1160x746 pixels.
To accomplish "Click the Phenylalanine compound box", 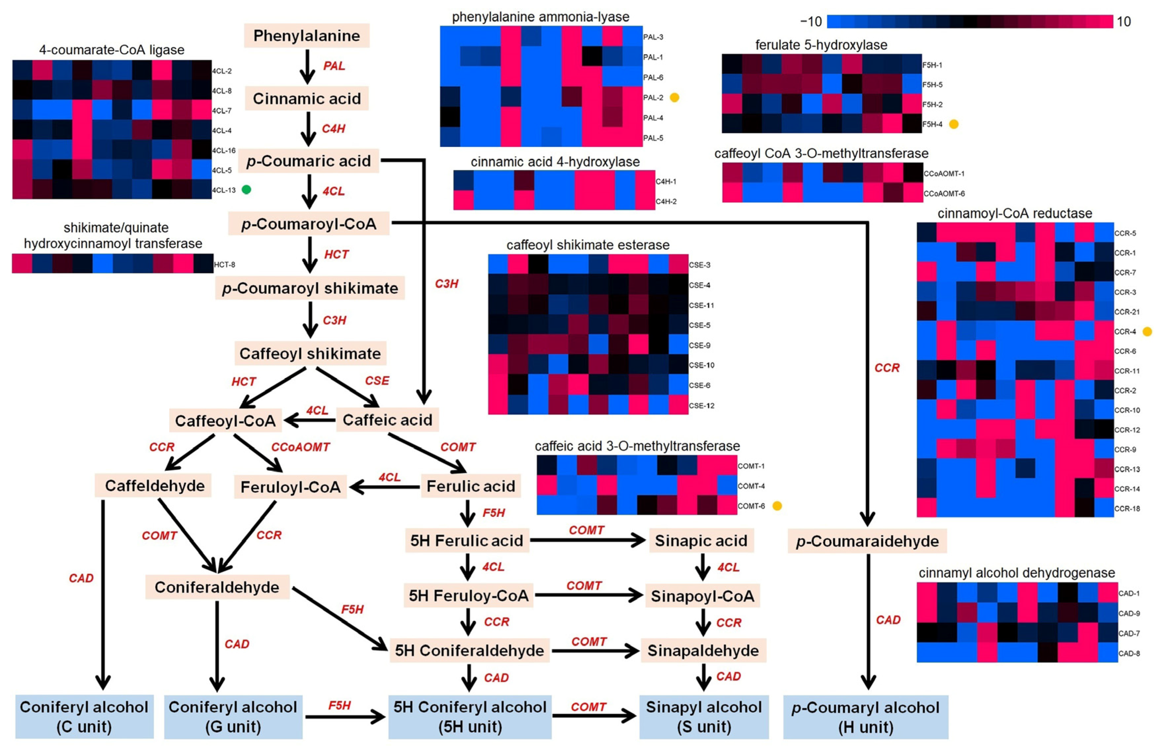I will tap(307, 36).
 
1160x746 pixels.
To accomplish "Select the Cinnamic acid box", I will tap(307, 99).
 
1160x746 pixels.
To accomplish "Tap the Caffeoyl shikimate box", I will tap(310, 354).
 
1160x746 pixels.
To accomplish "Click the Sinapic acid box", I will tap(701, 541).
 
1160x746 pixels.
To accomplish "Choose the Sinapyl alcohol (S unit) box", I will tap(704, 717).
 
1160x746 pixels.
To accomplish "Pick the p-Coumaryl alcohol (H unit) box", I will tap(866, 717).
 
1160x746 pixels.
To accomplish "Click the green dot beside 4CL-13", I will tap(246, 190).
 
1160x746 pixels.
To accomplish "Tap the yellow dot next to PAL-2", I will tap(674, 97).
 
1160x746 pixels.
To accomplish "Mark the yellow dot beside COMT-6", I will tap(777, 506).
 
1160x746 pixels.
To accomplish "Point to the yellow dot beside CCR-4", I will tap(1147, 332).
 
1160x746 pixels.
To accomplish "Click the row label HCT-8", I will tap(225, 265).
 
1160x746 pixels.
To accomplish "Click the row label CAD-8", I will tap(1129, 653).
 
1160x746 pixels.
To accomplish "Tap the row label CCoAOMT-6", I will tap(944, 194).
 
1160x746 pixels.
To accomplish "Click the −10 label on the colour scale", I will tap(811, 21).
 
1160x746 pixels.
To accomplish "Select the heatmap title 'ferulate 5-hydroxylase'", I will tap(821, 45).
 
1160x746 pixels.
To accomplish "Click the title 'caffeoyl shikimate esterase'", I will tap(588, 245).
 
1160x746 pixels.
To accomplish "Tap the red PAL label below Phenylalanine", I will tap(334, 66).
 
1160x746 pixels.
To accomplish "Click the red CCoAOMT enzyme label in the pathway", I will tap(300, 447).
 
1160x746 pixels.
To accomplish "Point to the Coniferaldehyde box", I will tap(217, 587).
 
